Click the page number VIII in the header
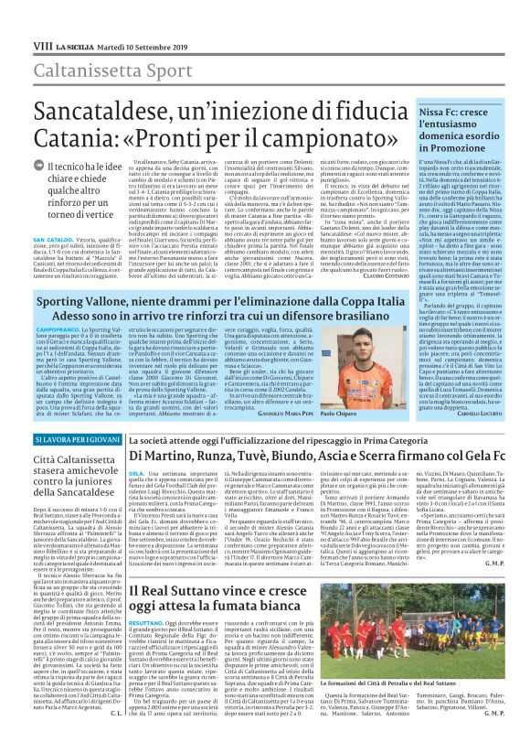(x=17, y=19)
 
